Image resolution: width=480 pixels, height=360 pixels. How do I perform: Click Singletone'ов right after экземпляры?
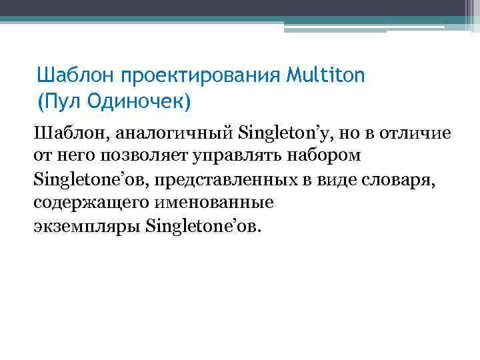coord(203,227)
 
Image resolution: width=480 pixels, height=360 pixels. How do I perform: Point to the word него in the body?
coord(77,157)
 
